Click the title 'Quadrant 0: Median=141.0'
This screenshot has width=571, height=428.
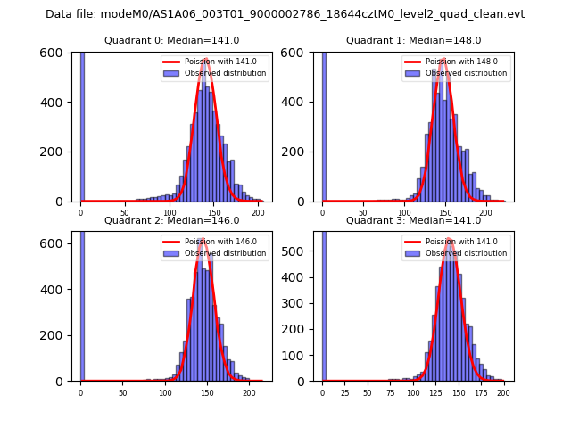(171, 40)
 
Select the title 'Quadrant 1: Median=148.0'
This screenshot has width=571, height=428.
(413, 40)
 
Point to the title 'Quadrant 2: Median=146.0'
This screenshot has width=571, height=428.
(171, 220)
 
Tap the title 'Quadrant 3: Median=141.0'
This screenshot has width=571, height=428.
(413, 220)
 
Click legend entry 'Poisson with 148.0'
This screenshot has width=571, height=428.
(462, 62)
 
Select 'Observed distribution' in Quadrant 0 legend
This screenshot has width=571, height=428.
(225, 73)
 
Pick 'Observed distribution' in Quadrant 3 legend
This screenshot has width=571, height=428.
(466, 253)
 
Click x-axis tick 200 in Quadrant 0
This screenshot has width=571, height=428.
(259, 212)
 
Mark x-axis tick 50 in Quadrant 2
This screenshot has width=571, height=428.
(122, 391)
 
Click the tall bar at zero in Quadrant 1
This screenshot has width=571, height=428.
(324, 125)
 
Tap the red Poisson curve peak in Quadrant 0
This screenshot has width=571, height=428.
(205, 61)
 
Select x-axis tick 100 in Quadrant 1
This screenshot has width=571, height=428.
(404, 212)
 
